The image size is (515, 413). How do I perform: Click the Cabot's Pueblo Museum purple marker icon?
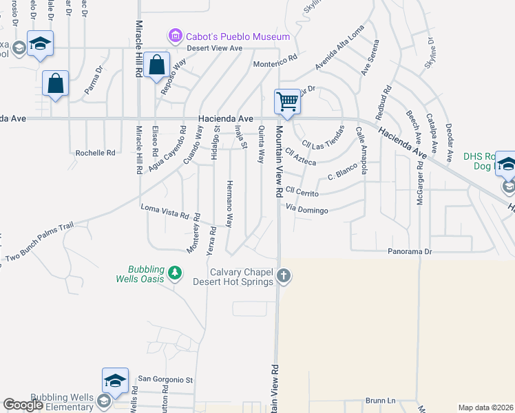coord(176,35)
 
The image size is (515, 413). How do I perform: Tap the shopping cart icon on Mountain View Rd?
coord(287,102)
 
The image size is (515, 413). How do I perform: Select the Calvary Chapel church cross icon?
coord(283,277)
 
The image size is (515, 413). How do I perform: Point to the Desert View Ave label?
coord(216,48)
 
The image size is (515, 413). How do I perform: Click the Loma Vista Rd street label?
coord(165,211)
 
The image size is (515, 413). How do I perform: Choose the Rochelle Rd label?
coord(95,153)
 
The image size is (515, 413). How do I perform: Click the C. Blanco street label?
coord(340,176)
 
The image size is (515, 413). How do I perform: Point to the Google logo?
coord(23,405)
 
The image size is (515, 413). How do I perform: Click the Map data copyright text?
coord(485,407)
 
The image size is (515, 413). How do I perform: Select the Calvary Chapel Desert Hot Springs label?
coord(242,277)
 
